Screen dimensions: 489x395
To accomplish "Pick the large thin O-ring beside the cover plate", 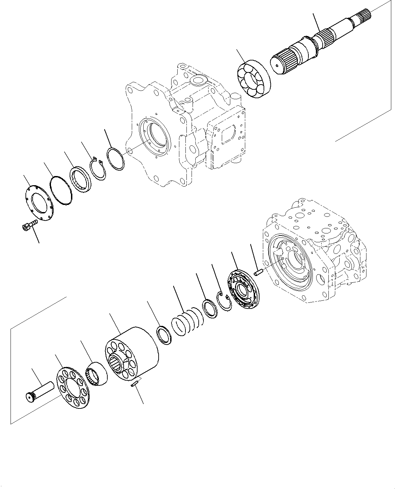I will pyautogui.click(x=61, y=191).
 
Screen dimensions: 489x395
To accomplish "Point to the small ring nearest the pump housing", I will pyautogui.click(x=115, y=158).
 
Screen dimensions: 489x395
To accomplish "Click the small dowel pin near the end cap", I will pyautogui.click(x=258, y=273).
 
